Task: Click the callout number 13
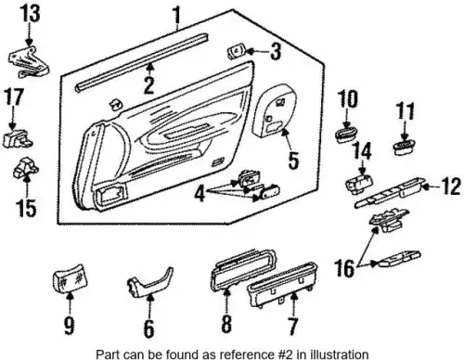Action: pyautogui.click(x=30, y=13)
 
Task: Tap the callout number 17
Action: pyautogui.click(x=14, y=96)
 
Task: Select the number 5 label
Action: pyautogui.click(x=293, y=161)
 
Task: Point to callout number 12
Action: pyautogui.click(x=451, y=186)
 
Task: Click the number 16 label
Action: pyautogui.click(x=344, y=268)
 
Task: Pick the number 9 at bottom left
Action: pyautogui.click(x=69, y=326)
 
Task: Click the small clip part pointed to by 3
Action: pyautogui.click(x=237, y=51)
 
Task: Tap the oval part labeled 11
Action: pyautogui.click(x=404, y=147)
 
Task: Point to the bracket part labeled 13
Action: pyautogui.click(x=29, y=62)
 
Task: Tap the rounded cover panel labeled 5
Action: pyautogui.click(x=275, y=110)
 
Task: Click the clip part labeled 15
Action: pyautogui.click(x=25, y=167)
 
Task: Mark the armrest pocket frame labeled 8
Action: pyautogui.click(x=243, y=270)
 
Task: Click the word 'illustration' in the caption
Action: pyautogui.click(x=340, y=354)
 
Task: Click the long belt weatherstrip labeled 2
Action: pyautogui.click(x=141, y=63)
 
